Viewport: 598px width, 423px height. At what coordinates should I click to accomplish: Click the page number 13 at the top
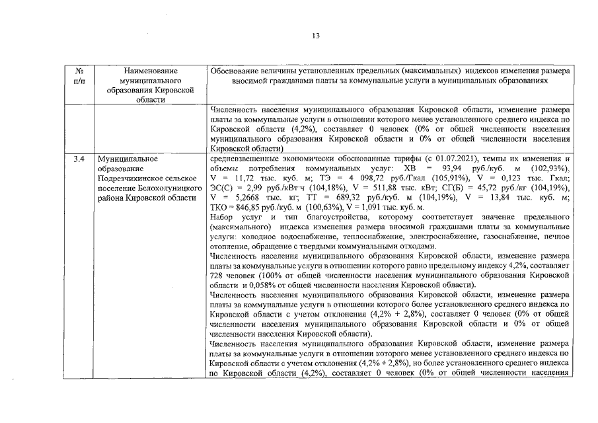click(316, 36)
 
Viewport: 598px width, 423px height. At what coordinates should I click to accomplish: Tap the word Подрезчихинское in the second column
click(130, 179)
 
